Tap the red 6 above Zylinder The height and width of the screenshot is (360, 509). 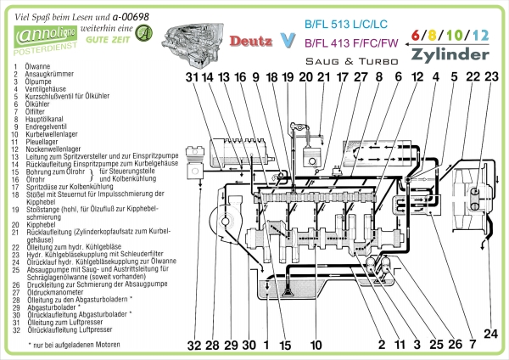coord(416,35)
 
